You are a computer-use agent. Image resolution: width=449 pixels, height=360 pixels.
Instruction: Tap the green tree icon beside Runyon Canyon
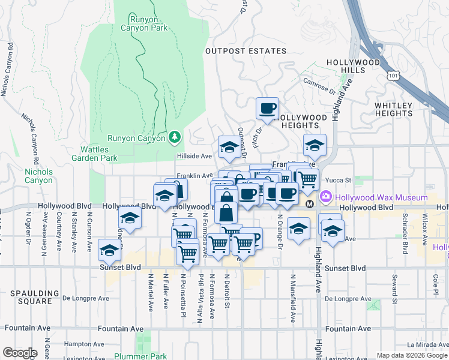pos(175,137)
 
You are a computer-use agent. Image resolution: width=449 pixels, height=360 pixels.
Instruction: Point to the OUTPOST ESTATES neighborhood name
pos(246,52)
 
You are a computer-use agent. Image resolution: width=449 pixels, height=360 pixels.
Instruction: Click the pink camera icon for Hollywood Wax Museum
pos(326,196)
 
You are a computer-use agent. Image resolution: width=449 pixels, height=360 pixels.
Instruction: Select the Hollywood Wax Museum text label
pos(381,197)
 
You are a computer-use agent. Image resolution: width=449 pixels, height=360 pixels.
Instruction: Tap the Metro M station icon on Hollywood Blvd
pos(310,205)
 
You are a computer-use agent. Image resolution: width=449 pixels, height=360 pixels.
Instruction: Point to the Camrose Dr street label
pos(319,86)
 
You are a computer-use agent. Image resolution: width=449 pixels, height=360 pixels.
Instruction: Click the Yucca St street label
pos(337,179)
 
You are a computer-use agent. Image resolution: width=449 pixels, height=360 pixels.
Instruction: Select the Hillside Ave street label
pos(194,155)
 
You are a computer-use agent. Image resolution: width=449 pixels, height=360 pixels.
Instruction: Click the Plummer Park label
pos(148,356)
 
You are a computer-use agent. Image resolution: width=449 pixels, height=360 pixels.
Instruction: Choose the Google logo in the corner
pos(20,353)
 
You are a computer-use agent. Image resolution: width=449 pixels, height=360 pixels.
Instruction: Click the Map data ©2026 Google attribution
pos(411,355)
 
